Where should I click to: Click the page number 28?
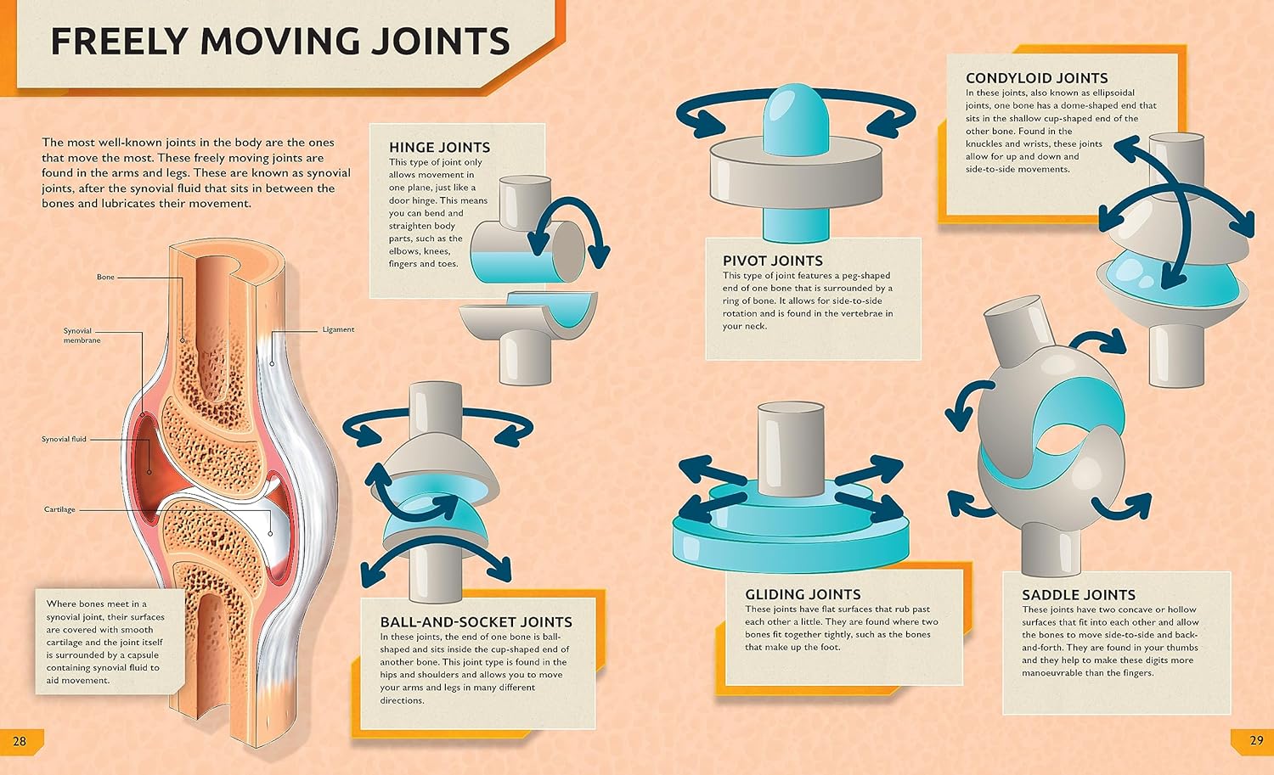pyautogui.click(x=20, y=741)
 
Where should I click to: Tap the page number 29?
pyautogui.click(x=1256, y=740)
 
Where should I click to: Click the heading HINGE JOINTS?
pyautogui.click(x=439, y=148)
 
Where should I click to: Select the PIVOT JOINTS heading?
pyautogui.click(x=772, y=261)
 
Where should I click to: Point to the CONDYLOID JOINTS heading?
pyautogui.click(x=1036, y=78)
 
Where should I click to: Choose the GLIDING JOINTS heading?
pyautogui.click(x=803, y=595)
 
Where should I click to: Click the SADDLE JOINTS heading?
pyautogui.click(x=1078, y=595)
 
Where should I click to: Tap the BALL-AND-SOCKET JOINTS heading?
pyautogui.click(x=476, y=622)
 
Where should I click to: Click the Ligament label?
pyautogui.click(x=338, y=329)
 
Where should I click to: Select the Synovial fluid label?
pyautogui.click(x=64, y=440)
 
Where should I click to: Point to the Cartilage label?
pyautogui.click(x=59, y=509)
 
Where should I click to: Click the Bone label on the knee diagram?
pyautogui.click(x=105, y=278)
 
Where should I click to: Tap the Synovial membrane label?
pyautogui.click(x=82, y=335)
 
